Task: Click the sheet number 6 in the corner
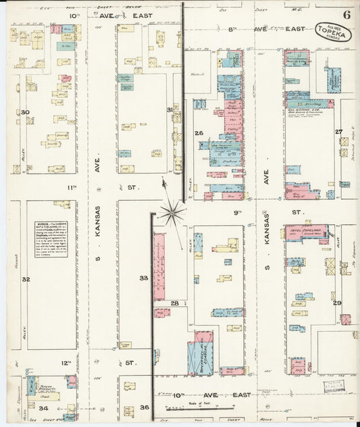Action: (346, 14)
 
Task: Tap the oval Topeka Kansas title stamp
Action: (334, 31)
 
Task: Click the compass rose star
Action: (172, 212)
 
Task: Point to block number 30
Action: (25, 112)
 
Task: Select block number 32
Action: (25, 278)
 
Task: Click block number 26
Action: (199, 133)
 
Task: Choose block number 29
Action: (337, 303)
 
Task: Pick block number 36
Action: (144, 407)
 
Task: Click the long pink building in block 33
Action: (159, 266)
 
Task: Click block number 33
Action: (144, 278)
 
